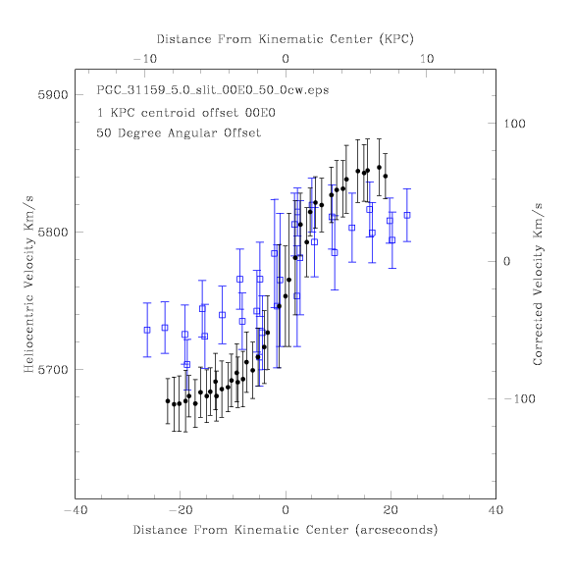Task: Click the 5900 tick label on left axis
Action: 53,95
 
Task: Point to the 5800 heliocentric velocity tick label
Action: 53,233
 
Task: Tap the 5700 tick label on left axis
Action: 53,370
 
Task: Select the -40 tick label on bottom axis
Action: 76,510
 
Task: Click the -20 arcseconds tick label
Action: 181,510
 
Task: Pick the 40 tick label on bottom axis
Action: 496,510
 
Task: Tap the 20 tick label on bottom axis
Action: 391,510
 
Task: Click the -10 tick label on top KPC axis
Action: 145,59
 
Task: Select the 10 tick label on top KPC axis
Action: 427,59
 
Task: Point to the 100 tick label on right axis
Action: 514,124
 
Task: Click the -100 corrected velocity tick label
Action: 519,398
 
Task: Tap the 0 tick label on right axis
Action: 506,261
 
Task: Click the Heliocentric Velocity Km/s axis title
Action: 28,285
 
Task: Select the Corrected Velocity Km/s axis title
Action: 538,285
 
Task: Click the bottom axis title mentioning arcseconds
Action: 286,530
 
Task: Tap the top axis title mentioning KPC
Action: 286,39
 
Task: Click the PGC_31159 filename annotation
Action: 213,90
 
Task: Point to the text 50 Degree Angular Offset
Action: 179,132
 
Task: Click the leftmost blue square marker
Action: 147,331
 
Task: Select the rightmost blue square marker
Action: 407,215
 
